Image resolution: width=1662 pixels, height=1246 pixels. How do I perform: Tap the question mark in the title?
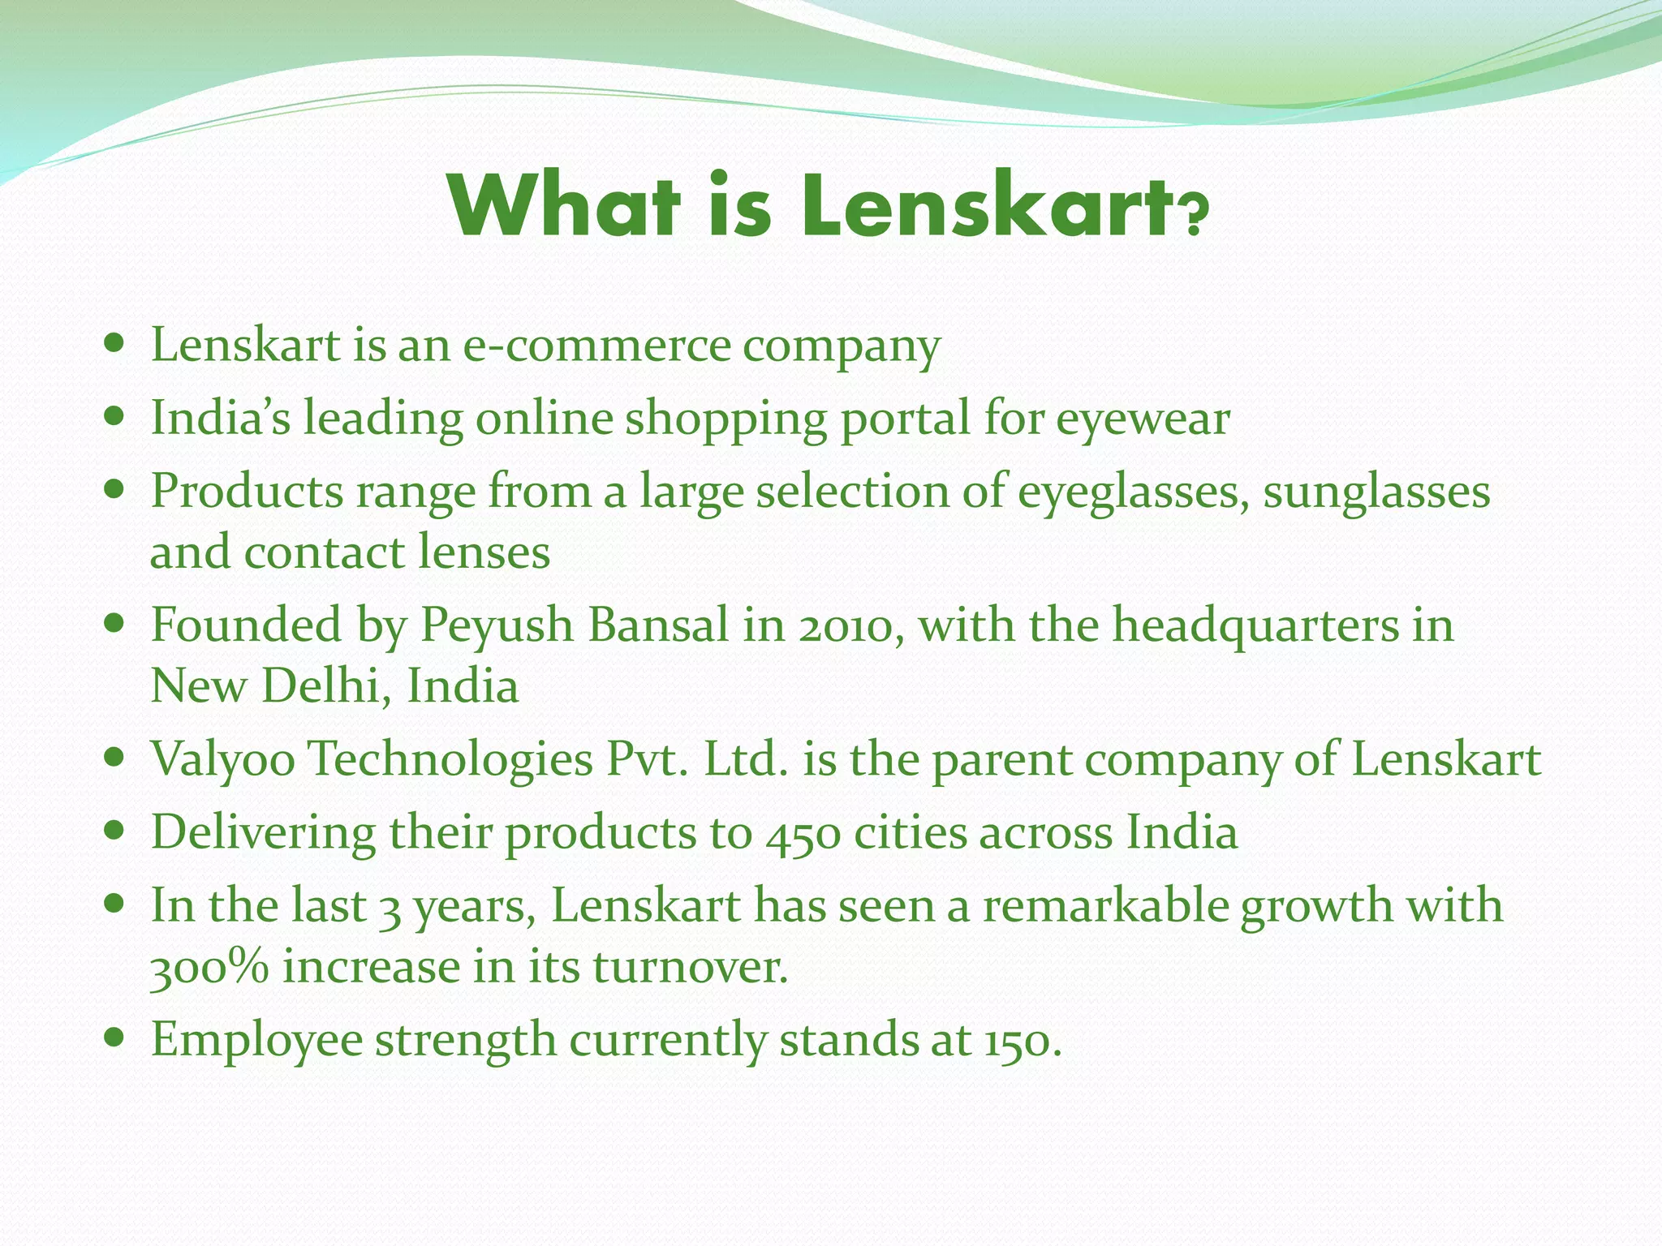coord(1192,217)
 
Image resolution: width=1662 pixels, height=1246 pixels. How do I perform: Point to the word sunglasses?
coord(1376,492)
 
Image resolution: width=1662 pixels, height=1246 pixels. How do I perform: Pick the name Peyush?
coord(496,626)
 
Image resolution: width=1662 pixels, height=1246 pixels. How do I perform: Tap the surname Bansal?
coord(658,626)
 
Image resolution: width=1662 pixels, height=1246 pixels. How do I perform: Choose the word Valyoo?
coord(223,761)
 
